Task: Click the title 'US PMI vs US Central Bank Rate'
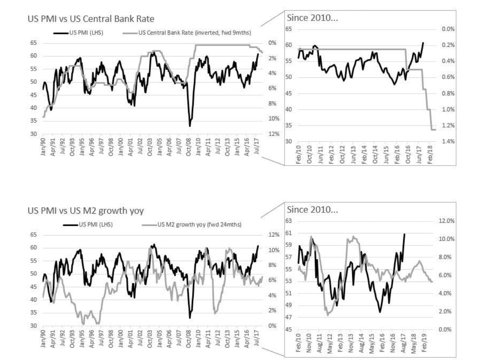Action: [91, 18]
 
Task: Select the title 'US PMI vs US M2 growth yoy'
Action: [85, 210]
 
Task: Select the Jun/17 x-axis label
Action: [418, 154]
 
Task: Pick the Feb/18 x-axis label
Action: [429, 154]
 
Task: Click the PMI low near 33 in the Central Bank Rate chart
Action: [190, 126]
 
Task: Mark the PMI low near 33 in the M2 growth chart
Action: [190, 318]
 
